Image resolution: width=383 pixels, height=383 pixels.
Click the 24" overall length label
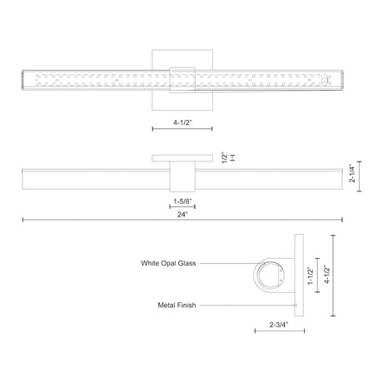pos(182,214)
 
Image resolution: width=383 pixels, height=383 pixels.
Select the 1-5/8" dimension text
pos(182,201)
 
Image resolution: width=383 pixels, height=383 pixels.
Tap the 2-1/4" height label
pos(352,173)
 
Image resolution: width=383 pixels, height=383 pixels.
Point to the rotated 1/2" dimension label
pos(225,157)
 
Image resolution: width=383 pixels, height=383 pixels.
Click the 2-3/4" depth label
pos(279,325)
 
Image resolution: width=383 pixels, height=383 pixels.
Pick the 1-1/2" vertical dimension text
pos(311,276)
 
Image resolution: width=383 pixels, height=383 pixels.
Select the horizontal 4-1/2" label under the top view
pos(182,122)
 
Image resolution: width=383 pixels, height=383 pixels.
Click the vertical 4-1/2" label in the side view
pos(327,274)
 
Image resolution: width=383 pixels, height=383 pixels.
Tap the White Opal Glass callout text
pos(168,263)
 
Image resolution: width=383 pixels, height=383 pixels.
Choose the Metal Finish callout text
pos(177,305)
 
